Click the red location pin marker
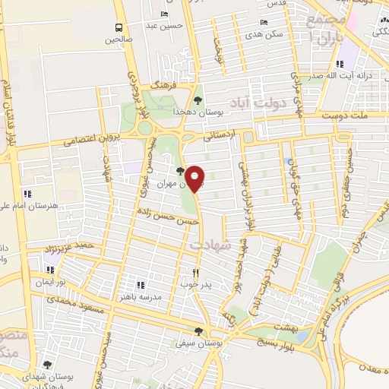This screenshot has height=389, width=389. pyautogui.click(x=195, y=178)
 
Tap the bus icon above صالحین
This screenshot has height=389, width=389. pyautogui.click(x=119, y=26)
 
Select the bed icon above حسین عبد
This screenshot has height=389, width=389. pyautogui.click(x=165, y=14)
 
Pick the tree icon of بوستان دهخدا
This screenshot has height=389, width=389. pyautogui.click(x=198, y=100)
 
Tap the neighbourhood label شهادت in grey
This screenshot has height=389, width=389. pyautogui.click(x=209, y=245)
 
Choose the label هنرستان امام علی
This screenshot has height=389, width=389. pyautogui.click(x=62, y=205)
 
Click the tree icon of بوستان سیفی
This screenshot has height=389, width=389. pyautogui.click(x=198, y=331)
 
